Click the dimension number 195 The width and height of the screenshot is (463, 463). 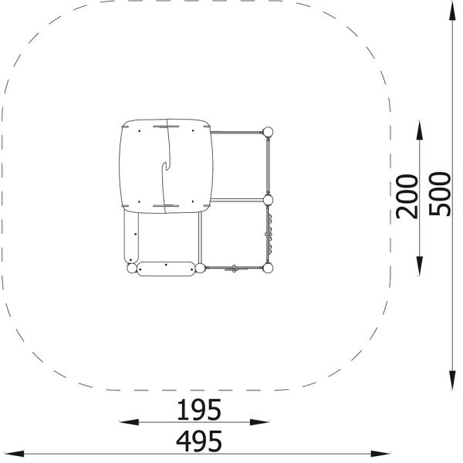199,410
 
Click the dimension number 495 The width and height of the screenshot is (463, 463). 199,441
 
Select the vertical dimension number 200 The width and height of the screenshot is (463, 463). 407,197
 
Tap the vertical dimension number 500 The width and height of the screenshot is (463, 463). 440,194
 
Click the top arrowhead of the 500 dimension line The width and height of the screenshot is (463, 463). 452,12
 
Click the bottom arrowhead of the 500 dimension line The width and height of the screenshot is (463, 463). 452,381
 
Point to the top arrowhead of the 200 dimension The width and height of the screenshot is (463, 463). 419,130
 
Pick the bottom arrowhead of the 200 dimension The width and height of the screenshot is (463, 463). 419,265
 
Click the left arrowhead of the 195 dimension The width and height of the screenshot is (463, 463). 130,422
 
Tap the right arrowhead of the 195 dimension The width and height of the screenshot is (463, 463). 259,422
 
